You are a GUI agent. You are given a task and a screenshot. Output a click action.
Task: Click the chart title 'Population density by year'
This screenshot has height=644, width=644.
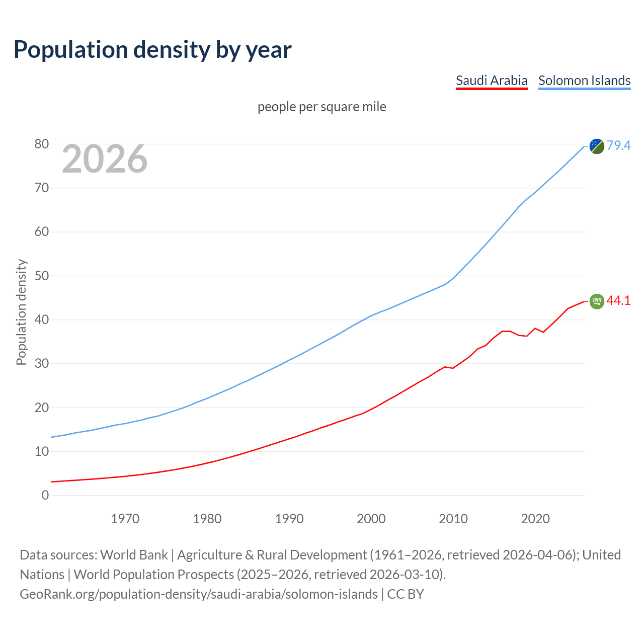[152, 50]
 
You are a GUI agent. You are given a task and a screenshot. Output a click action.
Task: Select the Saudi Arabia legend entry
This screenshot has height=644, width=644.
[491, 80]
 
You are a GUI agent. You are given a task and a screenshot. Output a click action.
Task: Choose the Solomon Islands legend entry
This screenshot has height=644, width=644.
[584, 80]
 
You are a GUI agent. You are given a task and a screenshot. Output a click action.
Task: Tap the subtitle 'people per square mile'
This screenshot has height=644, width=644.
[321, 107]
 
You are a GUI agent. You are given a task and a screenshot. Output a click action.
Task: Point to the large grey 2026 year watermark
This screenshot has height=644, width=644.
[105, 159]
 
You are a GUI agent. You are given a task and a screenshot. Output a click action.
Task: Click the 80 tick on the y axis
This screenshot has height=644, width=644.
[42, 144]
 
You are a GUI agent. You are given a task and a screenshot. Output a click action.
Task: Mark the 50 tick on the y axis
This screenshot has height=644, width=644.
[42, 276]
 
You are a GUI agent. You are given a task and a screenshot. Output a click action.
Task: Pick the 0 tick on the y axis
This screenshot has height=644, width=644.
[45, 496]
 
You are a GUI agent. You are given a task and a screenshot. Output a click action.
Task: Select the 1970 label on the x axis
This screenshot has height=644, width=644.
[125, 519]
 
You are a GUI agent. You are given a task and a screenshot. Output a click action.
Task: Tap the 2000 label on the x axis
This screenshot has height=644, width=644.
[371, 519]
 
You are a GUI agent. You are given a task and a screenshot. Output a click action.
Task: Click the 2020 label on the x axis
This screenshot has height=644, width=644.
[535, 519]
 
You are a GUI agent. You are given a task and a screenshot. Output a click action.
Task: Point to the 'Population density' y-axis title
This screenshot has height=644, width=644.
[21, 312]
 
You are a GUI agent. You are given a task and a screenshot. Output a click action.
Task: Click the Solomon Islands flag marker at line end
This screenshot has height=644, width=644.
[597, 146]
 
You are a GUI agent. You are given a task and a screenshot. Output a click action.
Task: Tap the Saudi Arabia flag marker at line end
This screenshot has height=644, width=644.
[597, 301]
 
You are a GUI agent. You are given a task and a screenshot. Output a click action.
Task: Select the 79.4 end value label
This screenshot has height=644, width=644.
[618, 145]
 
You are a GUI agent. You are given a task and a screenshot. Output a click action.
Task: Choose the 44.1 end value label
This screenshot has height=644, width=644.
[618, 300]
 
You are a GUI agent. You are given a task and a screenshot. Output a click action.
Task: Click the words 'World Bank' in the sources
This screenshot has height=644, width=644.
[134, 555]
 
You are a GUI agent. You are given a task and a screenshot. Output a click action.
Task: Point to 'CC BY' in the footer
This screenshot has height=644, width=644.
[406, 594]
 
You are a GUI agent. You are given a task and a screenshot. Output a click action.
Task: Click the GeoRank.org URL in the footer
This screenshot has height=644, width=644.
[198, 594]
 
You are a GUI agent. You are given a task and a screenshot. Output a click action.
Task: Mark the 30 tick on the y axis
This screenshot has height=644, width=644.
[42, 364]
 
